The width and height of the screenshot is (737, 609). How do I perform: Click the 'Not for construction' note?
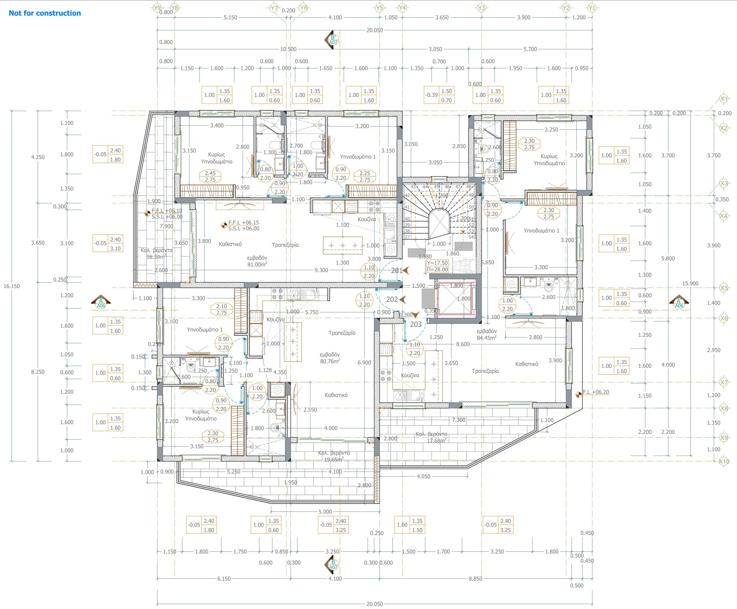45,13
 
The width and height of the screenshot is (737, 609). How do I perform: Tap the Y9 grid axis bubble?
158,8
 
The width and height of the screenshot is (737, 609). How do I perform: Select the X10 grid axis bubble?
724,461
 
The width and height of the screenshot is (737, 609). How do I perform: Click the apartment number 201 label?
397,270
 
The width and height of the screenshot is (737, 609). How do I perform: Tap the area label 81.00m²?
257,264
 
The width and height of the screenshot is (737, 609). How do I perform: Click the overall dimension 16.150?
12,286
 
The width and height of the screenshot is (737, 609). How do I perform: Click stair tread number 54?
471,237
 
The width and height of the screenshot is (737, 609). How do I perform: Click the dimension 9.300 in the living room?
321,270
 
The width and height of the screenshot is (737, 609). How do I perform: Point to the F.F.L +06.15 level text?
243,222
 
